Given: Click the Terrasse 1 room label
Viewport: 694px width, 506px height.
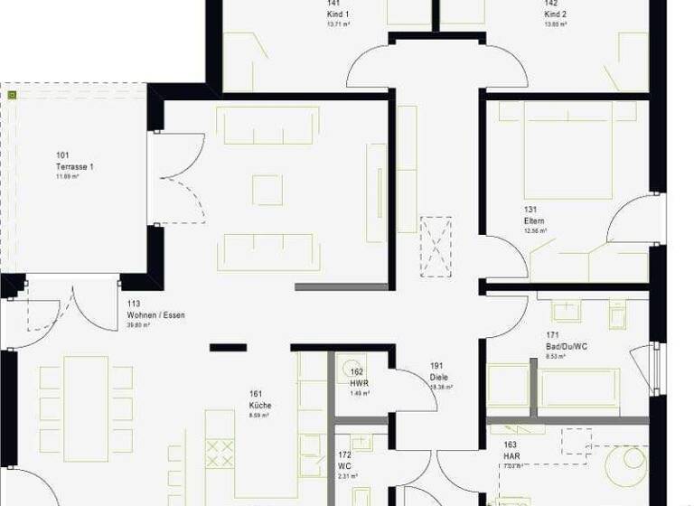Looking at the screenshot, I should (74, 167).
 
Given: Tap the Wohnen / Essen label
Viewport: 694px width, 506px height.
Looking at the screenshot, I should (155, 315).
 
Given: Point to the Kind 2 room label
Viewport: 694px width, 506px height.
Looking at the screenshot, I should (555, 15).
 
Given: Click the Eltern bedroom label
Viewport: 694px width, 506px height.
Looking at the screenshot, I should (533, 220).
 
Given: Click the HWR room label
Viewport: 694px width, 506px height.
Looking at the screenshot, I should (359, 383).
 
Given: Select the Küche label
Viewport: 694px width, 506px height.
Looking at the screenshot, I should (260, 406).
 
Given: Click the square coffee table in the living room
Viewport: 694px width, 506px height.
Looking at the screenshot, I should (267, 189).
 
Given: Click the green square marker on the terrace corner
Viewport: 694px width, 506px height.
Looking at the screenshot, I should (12, 93).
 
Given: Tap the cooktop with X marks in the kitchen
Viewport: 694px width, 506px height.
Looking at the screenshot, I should (220, 453).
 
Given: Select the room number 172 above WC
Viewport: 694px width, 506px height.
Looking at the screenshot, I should (344, 454).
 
